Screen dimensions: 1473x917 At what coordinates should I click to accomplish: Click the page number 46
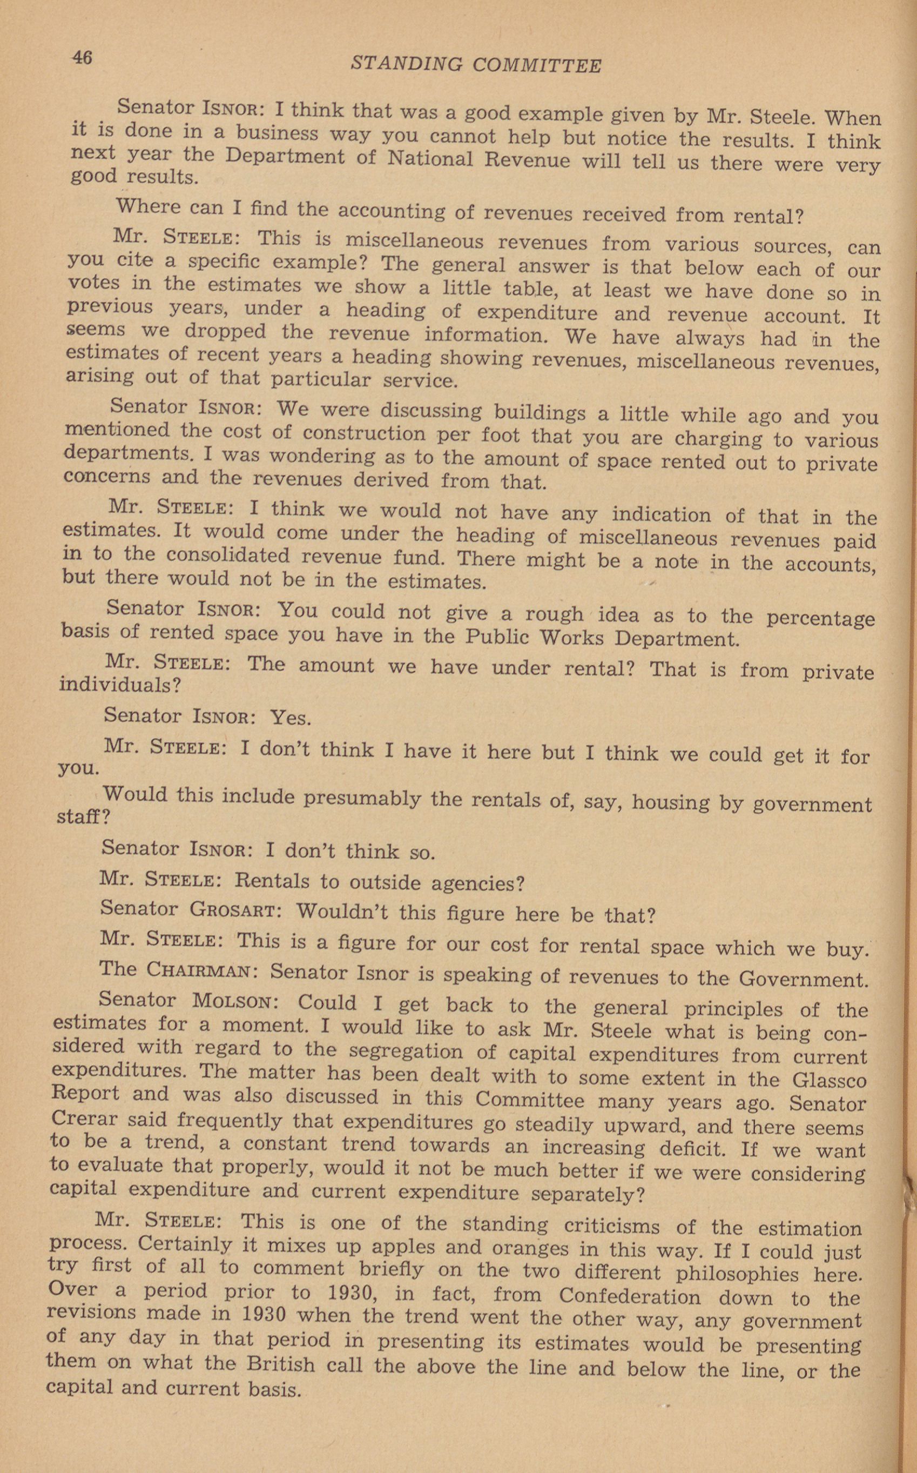click(82, 58)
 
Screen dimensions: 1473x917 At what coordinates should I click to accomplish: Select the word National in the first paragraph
click(430, 159)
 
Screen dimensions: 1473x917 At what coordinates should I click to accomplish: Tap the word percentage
click(820, 618)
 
